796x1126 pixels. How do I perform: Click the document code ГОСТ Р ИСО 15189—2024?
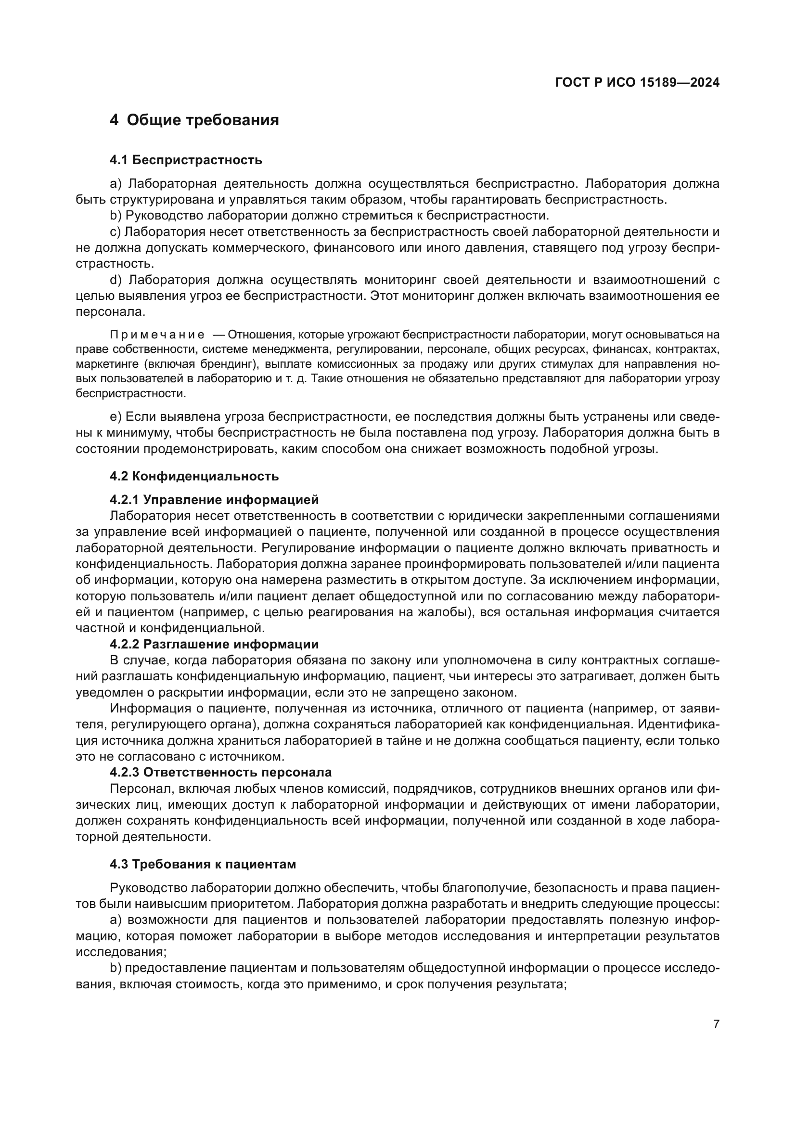[637, 82]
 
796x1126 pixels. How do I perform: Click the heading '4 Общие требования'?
[194, 120]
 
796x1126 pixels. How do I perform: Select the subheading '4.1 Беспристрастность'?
[186, 160]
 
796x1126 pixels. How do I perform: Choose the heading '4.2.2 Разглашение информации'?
[214, 644]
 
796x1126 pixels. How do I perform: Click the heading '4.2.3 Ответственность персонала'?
[220, 772]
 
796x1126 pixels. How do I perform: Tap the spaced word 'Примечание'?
[157, 335]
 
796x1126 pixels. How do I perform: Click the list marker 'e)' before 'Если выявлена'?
[115, 417]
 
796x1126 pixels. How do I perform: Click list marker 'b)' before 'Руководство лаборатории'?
[115, 215]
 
